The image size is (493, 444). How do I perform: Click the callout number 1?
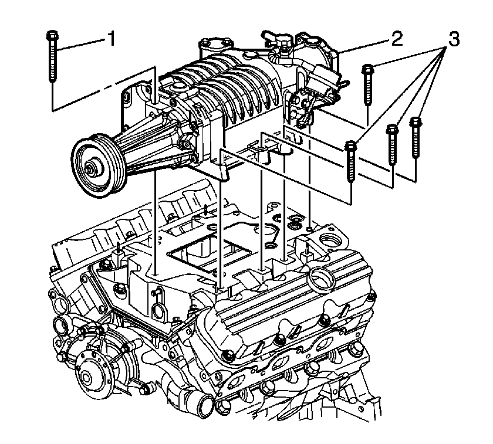tap(112, 39)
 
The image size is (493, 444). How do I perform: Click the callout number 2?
tap(397, 39)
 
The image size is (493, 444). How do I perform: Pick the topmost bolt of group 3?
tap(368, 84)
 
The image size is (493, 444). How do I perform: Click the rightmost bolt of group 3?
tap(416, 137)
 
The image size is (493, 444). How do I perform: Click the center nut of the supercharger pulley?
tap(91, 168)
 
